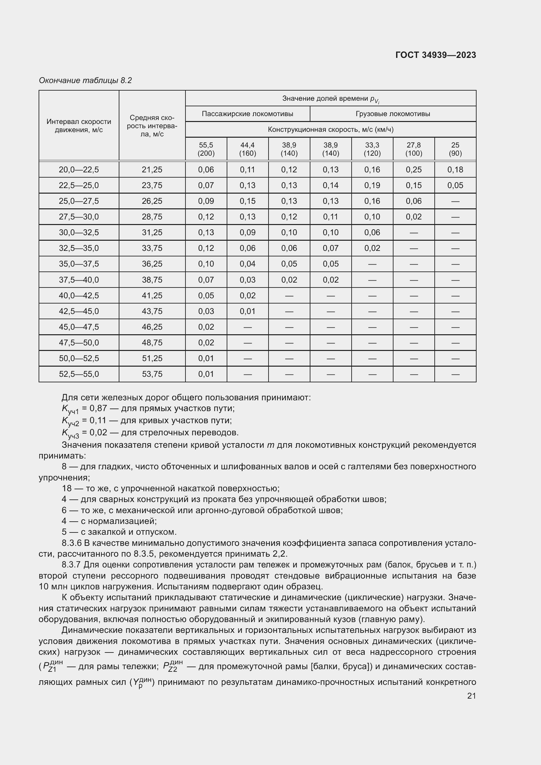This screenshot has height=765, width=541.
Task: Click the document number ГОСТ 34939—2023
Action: point(435,55)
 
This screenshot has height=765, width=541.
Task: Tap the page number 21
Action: point(471,696)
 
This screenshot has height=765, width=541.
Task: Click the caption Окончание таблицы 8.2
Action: point(85,80)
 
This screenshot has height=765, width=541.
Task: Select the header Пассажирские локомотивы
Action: point(247,114)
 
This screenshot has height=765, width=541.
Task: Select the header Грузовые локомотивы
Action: point(393,114)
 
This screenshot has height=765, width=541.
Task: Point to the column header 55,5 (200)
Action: point(206,149)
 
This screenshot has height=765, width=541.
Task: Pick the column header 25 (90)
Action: point(455,149)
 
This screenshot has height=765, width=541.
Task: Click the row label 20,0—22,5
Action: point(79,170)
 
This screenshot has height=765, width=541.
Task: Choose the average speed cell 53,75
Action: point(152,374)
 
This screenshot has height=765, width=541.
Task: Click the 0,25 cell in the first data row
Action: point(413,170)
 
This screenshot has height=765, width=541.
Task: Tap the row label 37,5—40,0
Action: point(79,280)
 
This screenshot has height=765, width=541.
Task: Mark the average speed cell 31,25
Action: point(152,233)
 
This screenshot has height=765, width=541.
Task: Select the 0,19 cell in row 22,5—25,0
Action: point(372,185)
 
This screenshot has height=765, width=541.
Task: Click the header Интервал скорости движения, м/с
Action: point(79,126)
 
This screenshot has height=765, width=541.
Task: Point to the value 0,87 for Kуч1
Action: point(98,409)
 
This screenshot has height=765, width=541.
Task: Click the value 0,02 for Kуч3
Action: point(98,432)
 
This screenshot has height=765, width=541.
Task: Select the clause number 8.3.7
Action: point(72,565)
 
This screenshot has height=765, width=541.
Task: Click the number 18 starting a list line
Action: point(67,488)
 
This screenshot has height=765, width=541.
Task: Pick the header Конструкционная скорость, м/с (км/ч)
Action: point(330,129)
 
